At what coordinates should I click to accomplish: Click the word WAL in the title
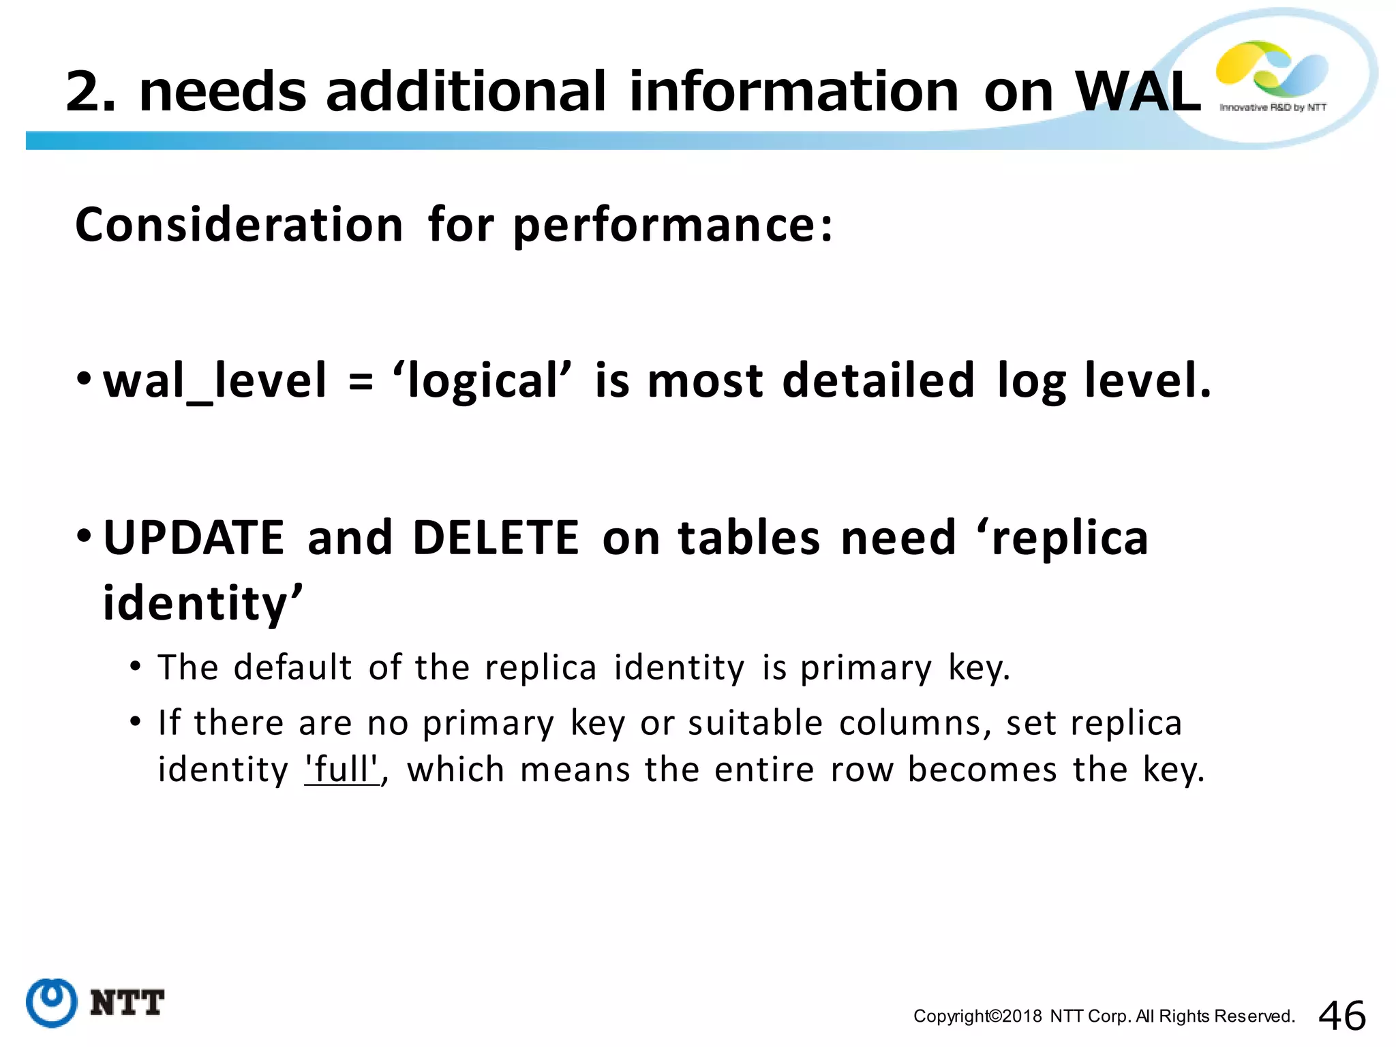point(1137,92)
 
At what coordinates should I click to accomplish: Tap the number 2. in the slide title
point(91,92)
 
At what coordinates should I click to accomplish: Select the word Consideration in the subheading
point(239,225)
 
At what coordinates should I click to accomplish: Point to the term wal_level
point(215,380)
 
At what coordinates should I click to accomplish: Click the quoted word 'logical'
point(482,380)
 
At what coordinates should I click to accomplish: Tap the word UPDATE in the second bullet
point(194,538)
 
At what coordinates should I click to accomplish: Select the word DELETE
point(496,538)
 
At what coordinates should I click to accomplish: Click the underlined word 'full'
point(342,770)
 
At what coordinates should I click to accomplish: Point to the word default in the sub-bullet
point(292,667)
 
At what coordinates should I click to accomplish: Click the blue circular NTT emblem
point(51,1002)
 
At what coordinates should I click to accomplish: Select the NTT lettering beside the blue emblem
point(127,1003)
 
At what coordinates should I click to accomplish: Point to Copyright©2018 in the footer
point(977,1016)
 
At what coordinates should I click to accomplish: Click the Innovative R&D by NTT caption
point(1273,108)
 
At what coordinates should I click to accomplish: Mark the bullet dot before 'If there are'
point(136,720)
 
